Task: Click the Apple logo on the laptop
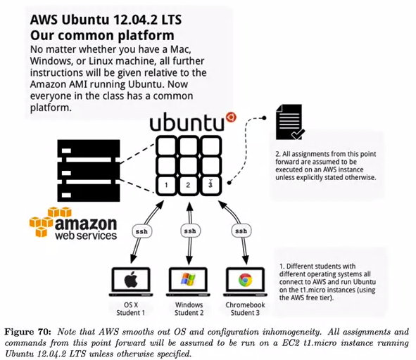click(131, 281)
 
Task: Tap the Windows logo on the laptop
click(188, 280)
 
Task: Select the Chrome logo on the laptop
click(246, 281)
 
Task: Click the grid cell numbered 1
click(166, 185)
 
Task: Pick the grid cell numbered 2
click(188, 185)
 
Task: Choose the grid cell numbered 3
click(210, 185)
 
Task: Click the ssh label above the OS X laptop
click(141, 231)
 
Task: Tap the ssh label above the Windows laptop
click(190, 231)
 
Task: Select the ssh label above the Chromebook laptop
click(241, 231)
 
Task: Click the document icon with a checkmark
click(289, 122)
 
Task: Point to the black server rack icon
click(89, 171)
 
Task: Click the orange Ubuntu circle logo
click(231, 117)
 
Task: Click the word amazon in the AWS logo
click(86, 224)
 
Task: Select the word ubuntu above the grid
click(187, 122)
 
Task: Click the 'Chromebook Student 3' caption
click(245, 309)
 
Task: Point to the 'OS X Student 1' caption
click(131, 309)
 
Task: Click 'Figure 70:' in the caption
click(27, 332)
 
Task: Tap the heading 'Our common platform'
click(102, 35)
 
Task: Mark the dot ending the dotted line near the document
click(264, 118)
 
